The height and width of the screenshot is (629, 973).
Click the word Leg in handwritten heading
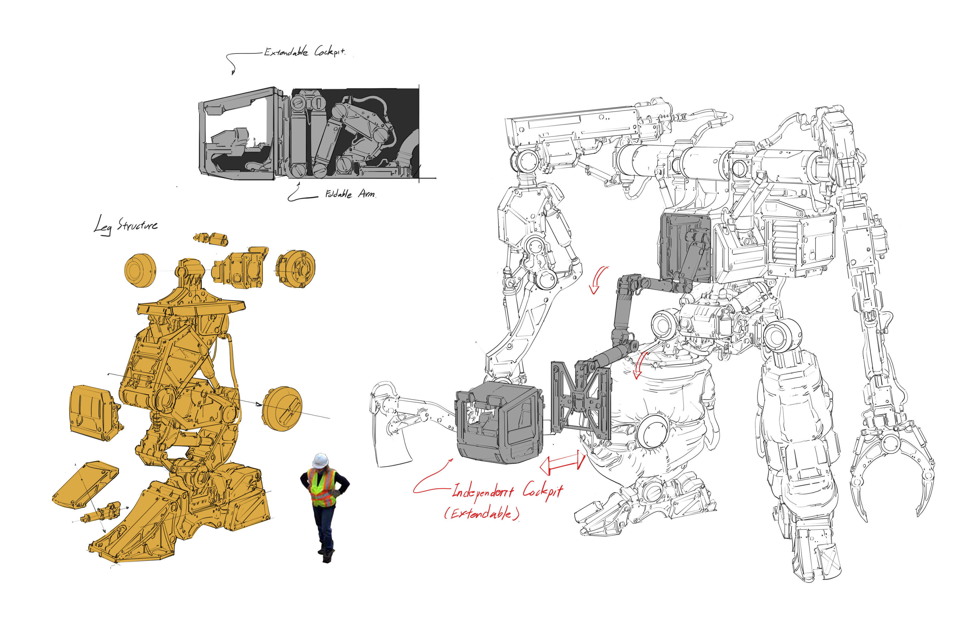102,226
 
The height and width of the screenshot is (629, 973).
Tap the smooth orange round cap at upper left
140,270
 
